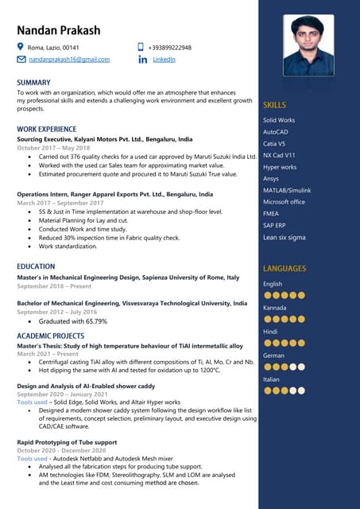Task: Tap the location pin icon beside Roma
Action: (x=21, y=48)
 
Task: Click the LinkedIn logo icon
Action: (x=143, y=60)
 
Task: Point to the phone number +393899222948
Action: (x=175, y=48)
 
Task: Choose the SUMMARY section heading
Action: (x=33, y=83)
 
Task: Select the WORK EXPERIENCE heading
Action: (x=47, y=129)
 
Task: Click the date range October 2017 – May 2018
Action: (x=53, y=148)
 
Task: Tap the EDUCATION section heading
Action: (x=36, y=266)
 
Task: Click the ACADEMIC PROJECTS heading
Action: (x=51, y=336)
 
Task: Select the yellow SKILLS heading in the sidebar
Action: (x=274, y=105)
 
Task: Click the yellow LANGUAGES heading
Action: (x=285, y=269)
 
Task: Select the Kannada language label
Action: (x=275, y=308)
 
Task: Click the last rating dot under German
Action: (x=302, y=367)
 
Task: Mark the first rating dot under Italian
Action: (x=267, y=390)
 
